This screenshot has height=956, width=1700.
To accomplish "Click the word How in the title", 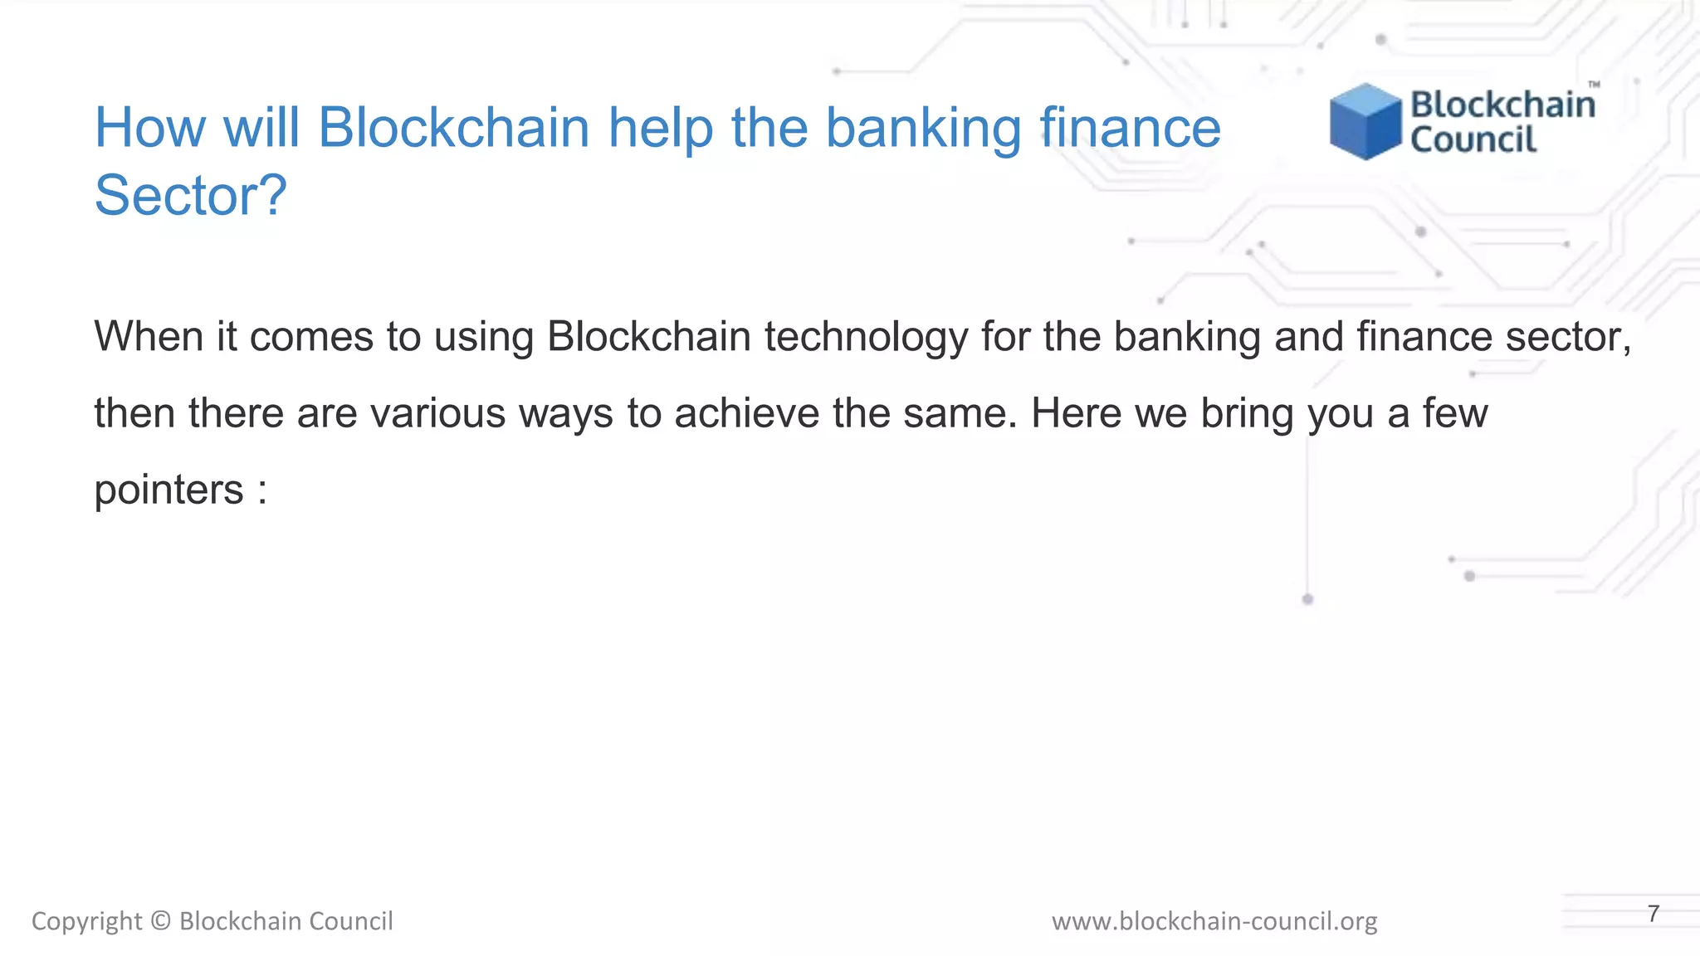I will point(150,128).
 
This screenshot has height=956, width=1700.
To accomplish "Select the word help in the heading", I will point(660,128).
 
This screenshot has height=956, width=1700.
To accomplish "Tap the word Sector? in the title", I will point(190,196).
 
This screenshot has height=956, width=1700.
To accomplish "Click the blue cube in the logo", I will point(1365,122).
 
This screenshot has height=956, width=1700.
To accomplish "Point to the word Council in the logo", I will point(1473,140).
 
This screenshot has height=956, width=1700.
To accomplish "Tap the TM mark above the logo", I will point(1594,85).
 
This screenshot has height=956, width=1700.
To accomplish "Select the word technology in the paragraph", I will point(866,337).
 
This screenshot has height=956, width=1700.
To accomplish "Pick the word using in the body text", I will point(483,337).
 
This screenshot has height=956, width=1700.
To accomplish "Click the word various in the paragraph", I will point(437,413).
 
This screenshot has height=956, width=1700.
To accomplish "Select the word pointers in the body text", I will point(169,490).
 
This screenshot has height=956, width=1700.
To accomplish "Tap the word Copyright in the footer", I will point(86,921).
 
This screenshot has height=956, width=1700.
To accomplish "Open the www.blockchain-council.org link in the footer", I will point(1214,921).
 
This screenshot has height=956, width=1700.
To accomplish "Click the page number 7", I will point(1654,914).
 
